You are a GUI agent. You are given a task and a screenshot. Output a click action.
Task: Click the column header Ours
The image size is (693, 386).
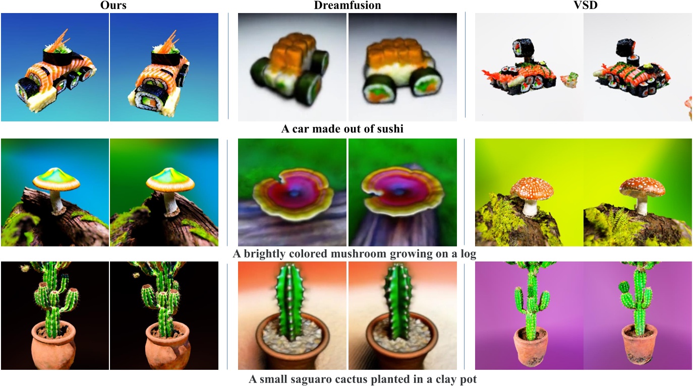point(113,5)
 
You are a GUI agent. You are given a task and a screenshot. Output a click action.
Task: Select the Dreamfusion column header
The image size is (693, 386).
point(348,5)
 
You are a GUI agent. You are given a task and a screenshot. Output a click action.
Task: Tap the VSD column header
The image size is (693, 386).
point(586,5)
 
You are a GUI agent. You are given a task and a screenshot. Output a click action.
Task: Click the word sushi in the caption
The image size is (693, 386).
point(388,128)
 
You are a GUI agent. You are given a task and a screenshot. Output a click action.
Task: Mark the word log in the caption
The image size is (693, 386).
point(468,254)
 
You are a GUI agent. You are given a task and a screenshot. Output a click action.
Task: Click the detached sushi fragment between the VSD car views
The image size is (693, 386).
point(568,80)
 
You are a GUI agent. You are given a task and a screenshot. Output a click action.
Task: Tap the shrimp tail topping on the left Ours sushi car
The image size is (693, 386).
point(61,40)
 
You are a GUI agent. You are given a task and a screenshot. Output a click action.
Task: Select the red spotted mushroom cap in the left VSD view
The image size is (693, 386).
point(532,188)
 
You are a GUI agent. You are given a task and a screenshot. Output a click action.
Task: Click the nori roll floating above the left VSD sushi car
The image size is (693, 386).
point(523,48)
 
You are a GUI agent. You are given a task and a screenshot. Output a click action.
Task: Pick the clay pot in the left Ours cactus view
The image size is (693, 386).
point(54,344)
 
